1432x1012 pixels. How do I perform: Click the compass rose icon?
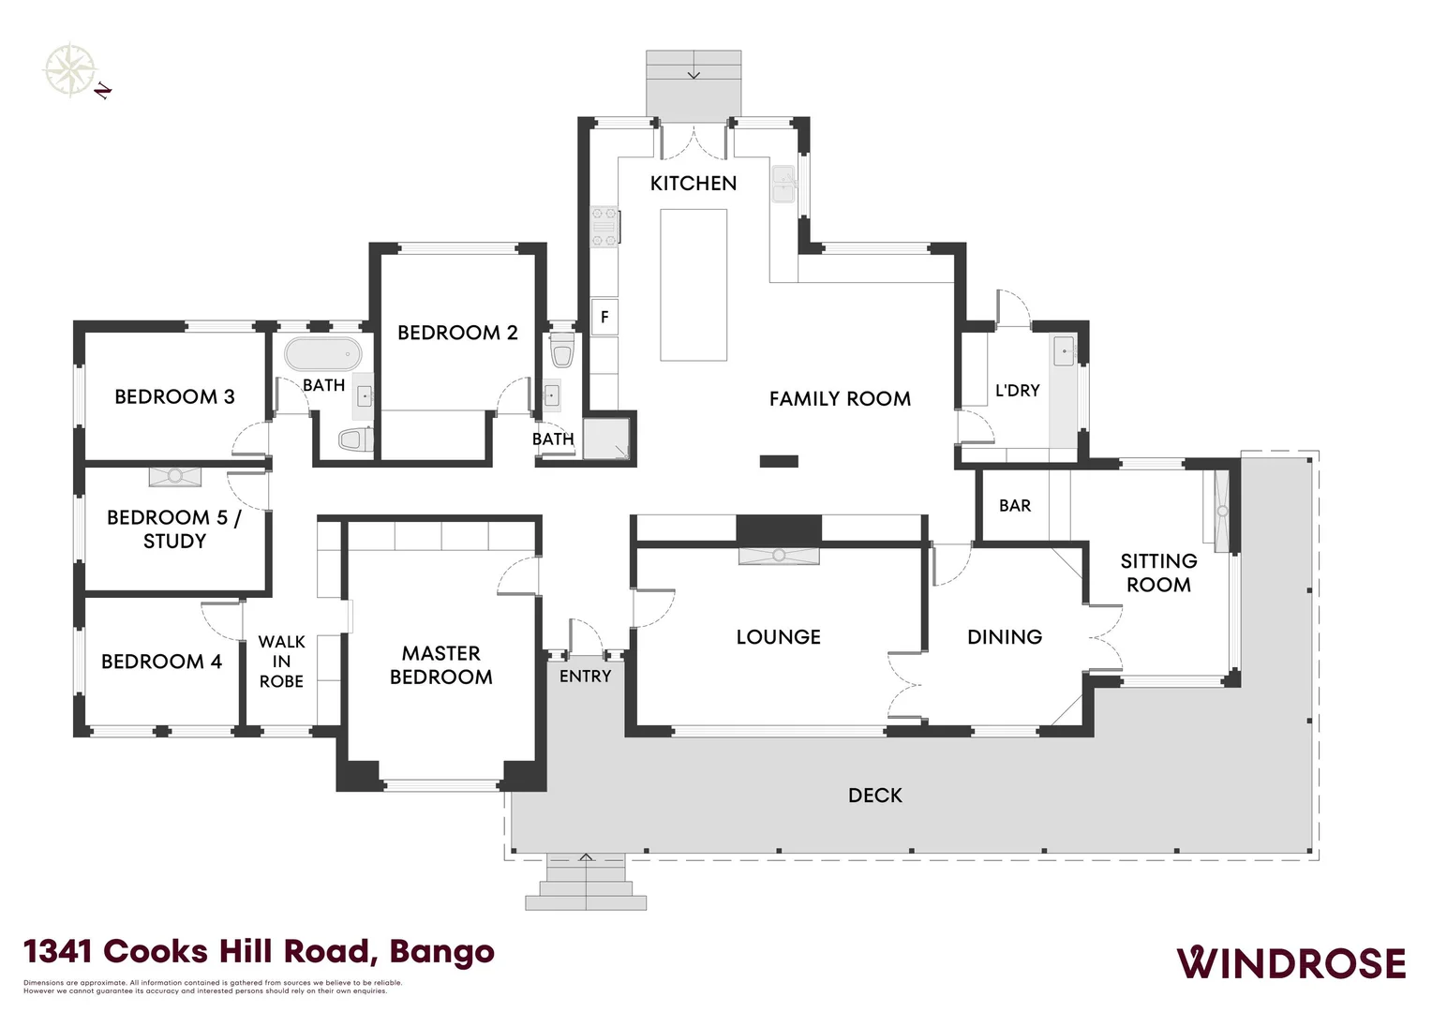pos(70,69)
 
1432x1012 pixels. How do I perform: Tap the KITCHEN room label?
pos(694,184)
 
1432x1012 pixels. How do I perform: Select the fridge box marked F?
pos(604,317)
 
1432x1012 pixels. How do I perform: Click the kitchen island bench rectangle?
pos(694,285)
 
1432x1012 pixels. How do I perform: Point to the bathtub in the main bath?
pos(323,355)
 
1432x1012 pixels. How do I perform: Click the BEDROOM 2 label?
pos(457,333)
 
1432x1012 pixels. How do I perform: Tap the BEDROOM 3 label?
pos(174,396)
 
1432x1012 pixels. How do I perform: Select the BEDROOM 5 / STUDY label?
pos(174,528)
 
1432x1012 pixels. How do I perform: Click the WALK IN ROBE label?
pos(281,662)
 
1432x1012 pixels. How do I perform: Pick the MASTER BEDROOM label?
pos(440,665)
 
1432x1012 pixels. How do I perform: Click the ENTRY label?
pos(585,677)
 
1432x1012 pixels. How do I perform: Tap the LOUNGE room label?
pos(778,637)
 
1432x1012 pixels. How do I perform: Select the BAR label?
pos(1015,506)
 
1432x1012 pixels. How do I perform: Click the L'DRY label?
pos(1017,391)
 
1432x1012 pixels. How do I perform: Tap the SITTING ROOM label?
pos(1158,573)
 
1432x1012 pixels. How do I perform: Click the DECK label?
pos(874,796)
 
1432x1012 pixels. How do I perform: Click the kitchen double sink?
pos(783,185)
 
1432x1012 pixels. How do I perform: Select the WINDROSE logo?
pos(1290,963)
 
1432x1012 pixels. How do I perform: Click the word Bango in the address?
pos(441,952)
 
